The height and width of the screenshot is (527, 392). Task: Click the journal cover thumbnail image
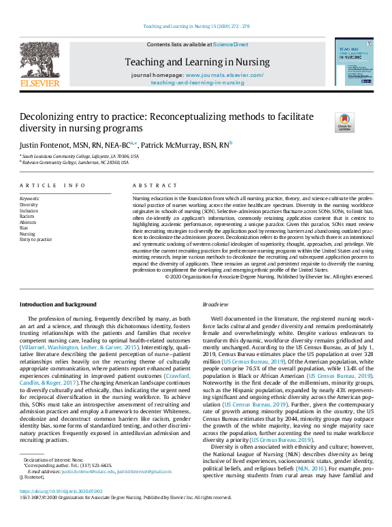pyautogui.click(x=353, y=61)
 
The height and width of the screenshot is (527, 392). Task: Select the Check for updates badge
pyautogui.click(x=345, y=123)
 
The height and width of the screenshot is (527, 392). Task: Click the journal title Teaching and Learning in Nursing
pyautogui.click(x=197, y=62)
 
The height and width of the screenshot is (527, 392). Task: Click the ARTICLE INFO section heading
pyautogui.click(x=52, y=185)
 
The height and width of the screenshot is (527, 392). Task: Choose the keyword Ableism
pyautogui.click(x=29, y=221)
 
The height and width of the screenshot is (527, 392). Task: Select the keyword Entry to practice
pyautogui.click(x=35, y=240)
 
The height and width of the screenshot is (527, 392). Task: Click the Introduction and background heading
pyautogui.click(x=58, y=304)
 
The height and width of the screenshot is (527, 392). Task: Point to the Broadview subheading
pyautogui.click(x=216, y=304)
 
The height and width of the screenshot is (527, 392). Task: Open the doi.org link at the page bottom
pyautogui.click(x=59, y=490)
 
